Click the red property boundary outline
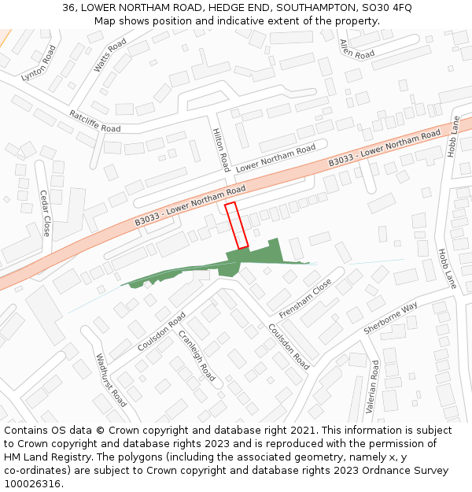[x=237, y=226]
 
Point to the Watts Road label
[x=110, y=56]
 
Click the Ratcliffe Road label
[x=94, y=120]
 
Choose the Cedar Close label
[x=45, y=213]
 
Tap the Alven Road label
[x=356, y=50]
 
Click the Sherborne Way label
[x=391, y=317]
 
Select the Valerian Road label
[x=375, y=385]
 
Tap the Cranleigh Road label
[x=197, y=355]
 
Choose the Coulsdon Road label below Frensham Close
[x=289, y=346]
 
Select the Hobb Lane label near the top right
[x=454, y=137]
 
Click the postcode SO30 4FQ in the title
[x=385, y=7]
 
